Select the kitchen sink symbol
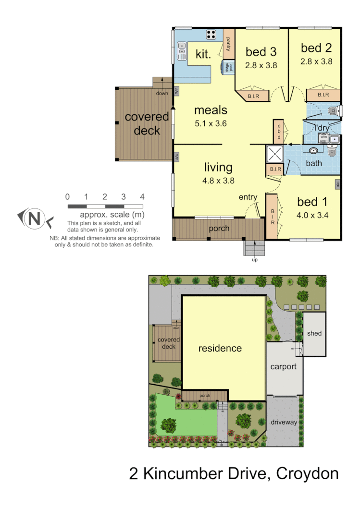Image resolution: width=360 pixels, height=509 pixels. tap(182, 50)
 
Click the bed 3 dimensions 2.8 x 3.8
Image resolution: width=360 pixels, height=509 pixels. tap(261, 65)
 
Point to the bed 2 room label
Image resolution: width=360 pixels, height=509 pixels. tap(317, 48)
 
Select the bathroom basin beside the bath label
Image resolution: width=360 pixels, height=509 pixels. tap(313, 151)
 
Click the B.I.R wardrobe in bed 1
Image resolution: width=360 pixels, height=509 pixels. tap(272, 216)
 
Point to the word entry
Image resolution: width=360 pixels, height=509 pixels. tap(248, 197)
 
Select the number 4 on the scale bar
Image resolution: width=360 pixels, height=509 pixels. tap(142, 196)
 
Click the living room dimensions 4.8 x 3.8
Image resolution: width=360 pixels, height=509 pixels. tap(218, 181)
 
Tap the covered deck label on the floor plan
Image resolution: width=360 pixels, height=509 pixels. tap(147, 123)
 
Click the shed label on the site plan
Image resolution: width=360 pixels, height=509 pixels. tap(314, 333)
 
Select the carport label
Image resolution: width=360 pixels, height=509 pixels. tap(284, 366)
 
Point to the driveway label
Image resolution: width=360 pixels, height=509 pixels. tap(284, 422)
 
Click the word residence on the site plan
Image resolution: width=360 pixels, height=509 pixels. tap(220, 348)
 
